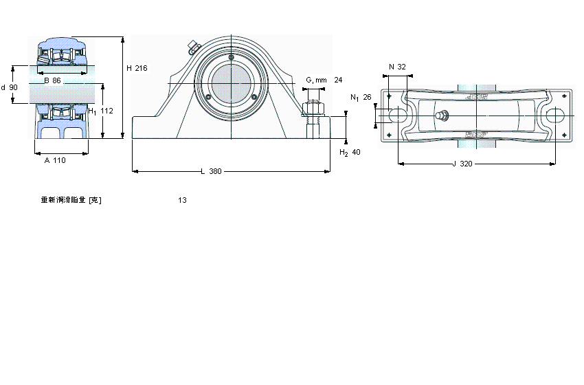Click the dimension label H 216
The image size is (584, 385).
(137, 68)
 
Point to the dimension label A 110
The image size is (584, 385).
(55, 160)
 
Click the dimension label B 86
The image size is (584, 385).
(52, 80)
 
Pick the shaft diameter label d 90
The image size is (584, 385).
(10, 87)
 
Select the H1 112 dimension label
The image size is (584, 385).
(100, 111)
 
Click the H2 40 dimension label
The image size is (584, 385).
(350, 152)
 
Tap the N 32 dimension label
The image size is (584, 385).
(397, 67)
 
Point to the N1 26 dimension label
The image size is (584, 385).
(360, 98)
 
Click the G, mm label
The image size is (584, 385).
(316, 80)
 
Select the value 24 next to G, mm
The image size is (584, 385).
(338, 80)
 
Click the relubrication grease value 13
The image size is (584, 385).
(182, 201)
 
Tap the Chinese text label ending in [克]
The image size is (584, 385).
(71, 201)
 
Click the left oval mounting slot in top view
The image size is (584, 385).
(398, 116)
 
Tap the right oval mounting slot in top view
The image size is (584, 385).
(555, 116)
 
